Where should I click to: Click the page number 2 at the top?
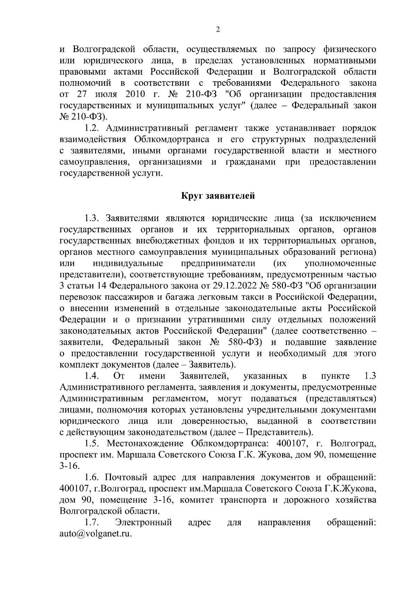[218, 30]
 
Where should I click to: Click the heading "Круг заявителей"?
[218, 196]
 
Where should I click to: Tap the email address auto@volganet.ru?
[96, 534]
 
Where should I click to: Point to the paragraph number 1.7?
[92, 522]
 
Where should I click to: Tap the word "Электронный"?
[144, 522]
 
